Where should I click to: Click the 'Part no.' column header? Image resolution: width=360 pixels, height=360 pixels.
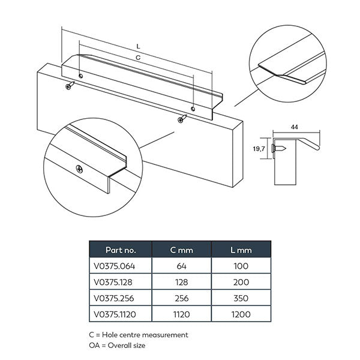coord(120,249)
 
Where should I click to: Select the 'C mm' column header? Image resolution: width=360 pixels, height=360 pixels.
coord(181,249)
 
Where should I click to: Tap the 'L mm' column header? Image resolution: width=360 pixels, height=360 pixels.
coord(241,249)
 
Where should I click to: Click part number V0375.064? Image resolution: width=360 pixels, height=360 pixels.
coord(120,265)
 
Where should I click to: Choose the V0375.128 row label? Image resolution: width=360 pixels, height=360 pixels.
coord(120,281)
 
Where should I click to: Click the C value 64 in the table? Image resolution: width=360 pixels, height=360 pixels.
coord(181,265)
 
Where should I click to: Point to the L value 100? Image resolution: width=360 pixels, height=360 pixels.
coord(241,265)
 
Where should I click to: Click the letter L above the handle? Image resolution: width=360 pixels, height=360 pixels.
coord(138,46)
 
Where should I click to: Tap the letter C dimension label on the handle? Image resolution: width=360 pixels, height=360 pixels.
coord(138,58)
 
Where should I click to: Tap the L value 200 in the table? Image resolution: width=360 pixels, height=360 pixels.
coord(241,281)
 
